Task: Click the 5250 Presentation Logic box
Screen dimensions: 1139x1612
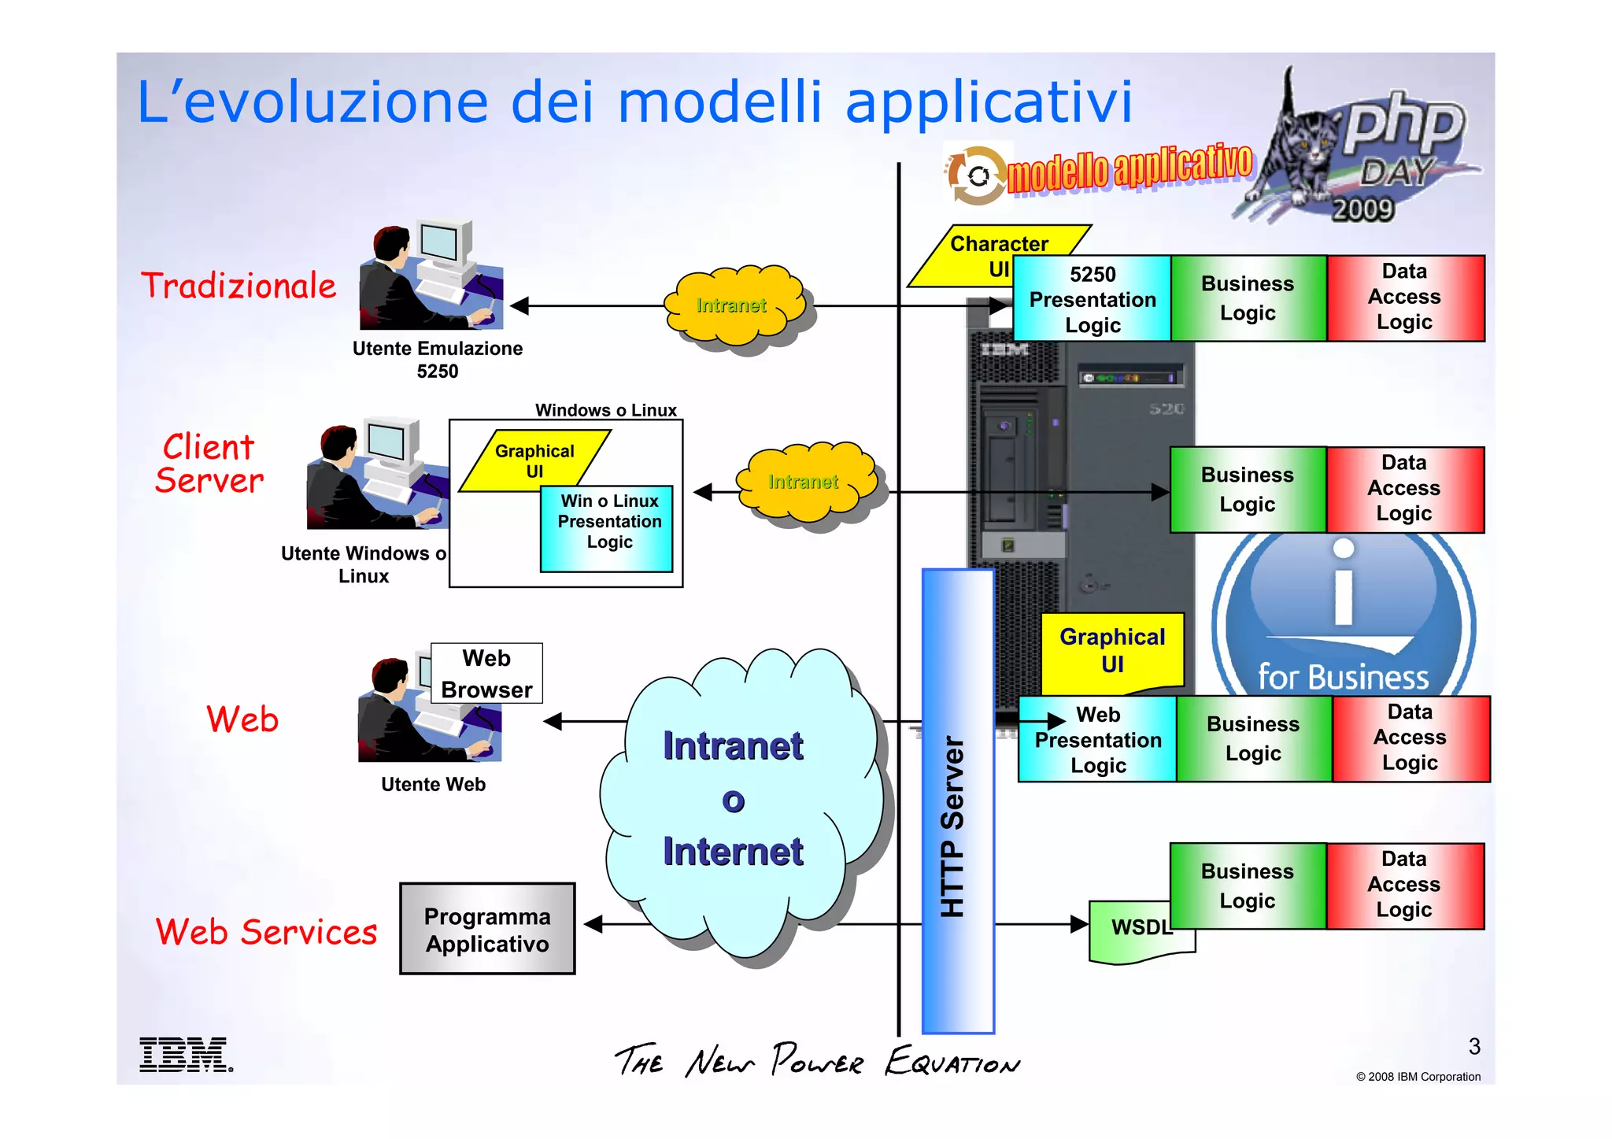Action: tap(1092, 299)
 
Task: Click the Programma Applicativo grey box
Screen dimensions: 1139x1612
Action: tap(487, 930)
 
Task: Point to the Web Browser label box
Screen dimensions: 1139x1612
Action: tap(486, 674)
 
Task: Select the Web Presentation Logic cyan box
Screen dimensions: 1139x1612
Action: tap(1097, 740)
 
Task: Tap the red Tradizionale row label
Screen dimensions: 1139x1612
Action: tap(238, 286)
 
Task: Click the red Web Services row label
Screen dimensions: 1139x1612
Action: tap(266, 932)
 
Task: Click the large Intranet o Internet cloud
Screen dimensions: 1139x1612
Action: tap(734, 799)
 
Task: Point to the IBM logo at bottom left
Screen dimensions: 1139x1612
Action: tap(185, 1055)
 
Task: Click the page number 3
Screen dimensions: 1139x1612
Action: tap(1473, 1046)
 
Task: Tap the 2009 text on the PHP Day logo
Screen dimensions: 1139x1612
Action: tap(1362, 209)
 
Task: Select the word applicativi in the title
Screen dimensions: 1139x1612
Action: tap(989, 102)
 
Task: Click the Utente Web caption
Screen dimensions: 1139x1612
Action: tap(433, 784)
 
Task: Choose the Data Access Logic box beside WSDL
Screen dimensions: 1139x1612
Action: tap(1404, 885)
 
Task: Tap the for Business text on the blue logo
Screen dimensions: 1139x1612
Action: tap(1342, 677)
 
